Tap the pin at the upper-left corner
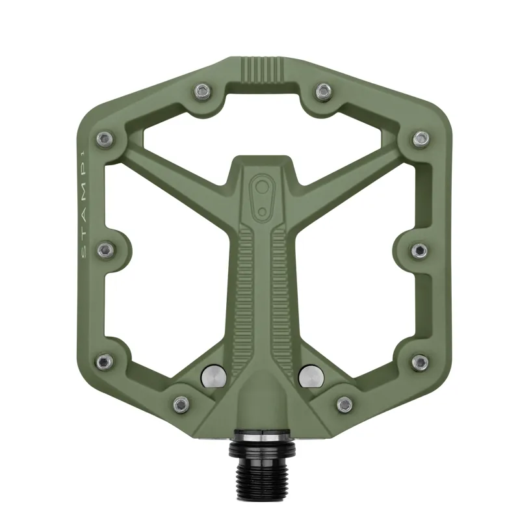click(103, 138)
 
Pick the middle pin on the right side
click(419, 250)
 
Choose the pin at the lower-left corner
click(103, 361)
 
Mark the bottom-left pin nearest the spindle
click(181, 404)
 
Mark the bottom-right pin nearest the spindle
click(343, 404)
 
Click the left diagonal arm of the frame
click(175, 168)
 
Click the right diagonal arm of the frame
click(348, 168)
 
